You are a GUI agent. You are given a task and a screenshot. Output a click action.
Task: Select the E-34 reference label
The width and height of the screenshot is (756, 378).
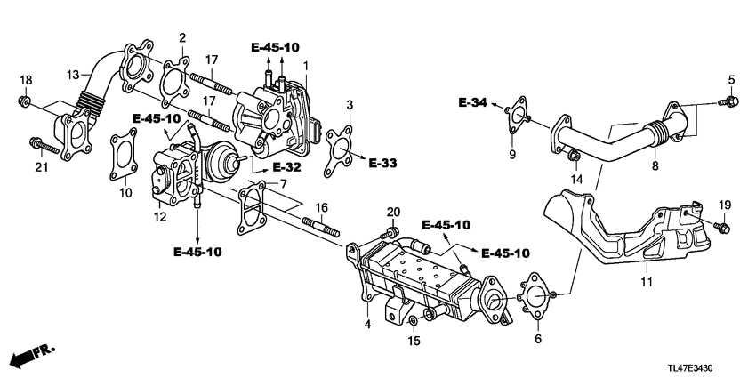[x=473, y=104]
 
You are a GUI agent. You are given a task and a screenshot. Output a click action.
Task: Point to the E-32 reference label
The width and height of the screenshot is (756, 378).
[x=286, y=166]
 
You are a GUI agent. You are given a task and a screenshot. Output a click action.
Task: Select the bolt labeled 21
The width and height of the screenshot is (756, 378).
[x=42, y=143]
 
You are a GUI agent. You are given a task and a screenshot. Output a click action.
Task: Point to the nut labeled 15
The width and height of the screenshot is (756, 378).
[x=414, y=319]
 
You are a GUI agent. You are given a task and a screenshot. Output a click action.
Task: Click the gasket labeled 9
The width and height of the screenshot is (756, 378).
[x=517, y=118]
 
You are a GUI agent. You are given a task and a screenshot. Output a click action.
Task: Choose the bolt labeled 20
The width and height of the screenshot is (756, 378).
[x=388, y=233]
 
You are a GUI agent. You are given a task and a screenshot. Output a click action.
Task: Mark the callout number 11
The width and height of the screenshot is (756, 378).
[x=647, y=282]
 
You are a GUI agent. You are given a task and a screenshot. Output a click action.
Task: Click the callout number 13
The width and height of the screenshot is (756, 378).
[x=72, y=74]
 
